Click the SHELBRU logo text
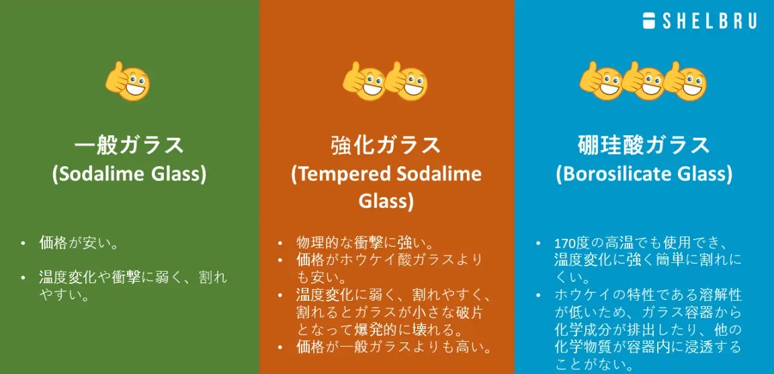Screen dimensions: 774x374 tap(709, 21)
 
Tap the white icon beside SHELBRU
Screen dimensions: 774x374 tap(648, 21)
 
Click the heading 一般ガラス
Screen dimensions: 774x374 tap(129, 145)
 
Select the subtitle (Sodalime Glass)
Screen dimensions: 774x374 tap(129, 174)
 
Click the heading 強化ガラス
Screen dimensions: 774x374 tap(386, 145)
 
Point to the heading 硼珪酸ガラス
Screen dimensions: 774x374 tap(644, 145)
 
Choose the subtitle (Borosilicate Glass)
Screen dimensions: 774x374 tap(644, 174)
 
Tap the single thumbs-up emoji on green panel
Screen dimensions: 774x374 tap(128, 81)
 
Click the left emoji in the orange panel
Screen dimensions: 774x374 tap(364, 81)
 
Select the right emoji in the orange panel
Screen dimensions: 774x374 tap(406, 81)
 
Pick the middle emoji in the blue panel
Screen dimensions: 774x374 tap(643, 81)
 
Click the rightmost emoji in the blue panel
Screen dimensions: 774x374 tap(685, 81)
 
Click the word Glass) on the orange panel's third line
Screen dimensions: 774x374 tap(386, 202)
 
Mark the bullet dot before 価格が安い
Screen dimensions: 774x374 tap(23, 244)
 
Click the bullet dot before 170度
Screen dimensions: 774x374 tap(537, 244)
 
